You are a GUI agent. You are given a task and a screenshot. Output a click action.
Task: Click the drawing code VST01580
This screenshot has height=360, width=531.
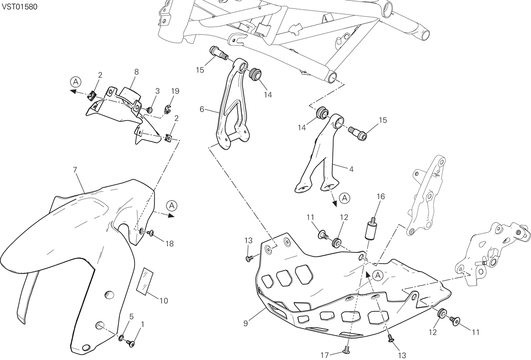[x=19, y=7]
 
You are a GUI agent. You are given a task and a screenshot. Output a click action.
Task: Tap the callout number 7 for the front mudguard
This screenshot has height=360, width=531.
[x=75, y=170]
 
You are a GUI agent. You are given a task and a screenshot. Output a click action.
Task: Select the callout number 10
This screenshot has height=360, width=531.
[x=164, y=301]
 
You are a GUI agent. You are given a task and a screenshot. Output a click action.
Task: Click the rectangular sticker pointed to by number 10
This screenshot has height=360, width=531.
[x=145, y=282]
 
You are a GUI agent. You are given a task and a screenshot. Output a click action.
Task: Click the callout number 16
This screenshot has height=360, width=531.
[x=381, y=196]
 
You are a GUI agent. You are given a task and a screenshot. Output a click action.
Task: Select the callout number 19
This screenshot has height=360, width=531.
[x=175, y=91]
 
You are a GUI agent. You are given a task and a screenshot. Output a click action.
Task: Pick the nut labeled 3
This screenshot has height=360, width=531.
[x=150, y=110]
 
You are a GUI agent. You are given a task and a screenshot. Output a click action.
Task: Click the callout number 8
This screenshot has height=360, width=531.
[x=136, y=72]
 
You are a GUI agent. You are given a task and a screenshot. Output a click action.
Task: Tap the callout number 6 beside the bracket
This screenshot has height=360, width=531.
[x=202, y=109]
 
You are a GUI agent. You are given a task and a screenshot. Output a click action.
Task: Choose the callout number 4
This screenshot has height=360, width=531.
[x=351, y=169]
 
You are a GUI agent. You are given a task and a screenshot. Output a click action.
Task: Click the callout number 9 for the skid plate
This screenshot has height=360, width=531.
[x=246, y=324]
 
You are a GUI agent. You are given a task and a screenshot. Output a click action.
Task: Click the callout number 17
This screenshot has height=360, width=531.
[x=325, y=355]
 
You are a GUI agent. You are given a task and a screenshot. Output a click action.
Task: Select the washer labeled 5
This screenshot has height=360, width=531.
[x=121, y=338]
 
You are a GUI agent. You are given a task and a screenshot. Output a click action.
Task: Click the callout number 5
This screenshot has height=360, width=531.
[x=131, y=317]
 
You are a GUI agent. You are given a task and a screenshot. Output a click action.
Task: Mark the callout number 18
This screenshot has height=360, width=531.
[x=169, y=244]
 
